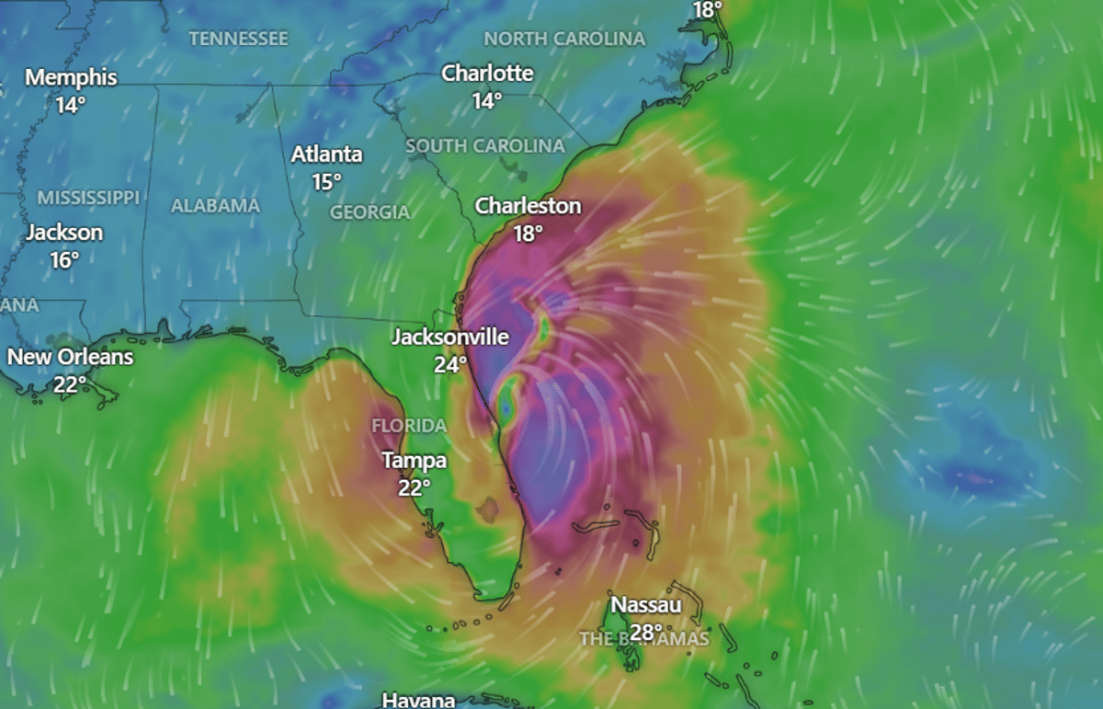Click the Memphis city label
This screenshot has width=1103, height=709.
pyautogui.click(x=71, y=77)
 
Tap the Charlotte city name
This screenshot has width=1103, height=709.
pyautogui.click(x=487, y=74)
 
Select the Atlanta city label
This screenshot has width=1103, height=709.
pyautogui.click(x=327, y=154)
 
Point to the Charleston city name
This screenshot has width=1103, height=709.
pyautogui.click(x=528, y=206)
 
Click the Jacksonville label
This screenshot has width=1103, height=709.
pyautogui.click(x=450, y=337)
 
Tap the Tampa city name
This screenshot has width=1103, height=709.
pyautogui.click(x=414, y=460)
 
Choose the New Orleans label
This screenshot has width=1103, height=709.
pyautogui.click(x=71, y=357)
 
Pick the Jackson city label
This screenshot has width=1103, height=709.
pyautogui.click(x=64, y=233)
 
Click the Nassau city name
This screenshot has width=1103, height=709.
pyautogui.click(x=646, y=605)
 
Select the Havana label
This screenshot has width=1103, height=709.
pyautogui.click(x=418, y=700)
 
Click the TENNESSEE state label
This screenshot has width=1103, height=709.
pyautogui.click(x=239, y=39)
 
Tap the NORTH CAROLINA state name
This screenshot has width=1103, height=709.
pyautogui.click(x=564, y=39)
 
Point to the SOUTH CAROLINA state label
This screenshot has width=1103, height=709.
pyautogui.click(x=485, y=146)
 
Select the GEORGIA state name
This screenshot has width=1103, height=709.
pyautogui.click(x=370, y=212)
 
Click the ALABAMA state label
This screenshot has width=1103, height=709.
pyautogui.click(x=215, y=206)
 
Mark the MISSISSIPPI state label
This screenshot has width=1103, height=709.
pyautogui.click(x=88, y=198)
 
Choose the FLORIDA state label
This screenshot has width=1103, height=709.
pyautogui.click(x=409, y=426)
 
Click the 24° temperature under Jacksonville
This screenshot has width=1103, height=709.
pyautogui.click(x=450, y=365)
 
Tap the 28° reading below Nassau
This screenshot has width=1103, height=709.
pyautogui.click(x=646, y=632)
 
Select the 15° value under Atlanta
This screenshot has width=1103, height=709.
pyautogui.click(x=327, y=182)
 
